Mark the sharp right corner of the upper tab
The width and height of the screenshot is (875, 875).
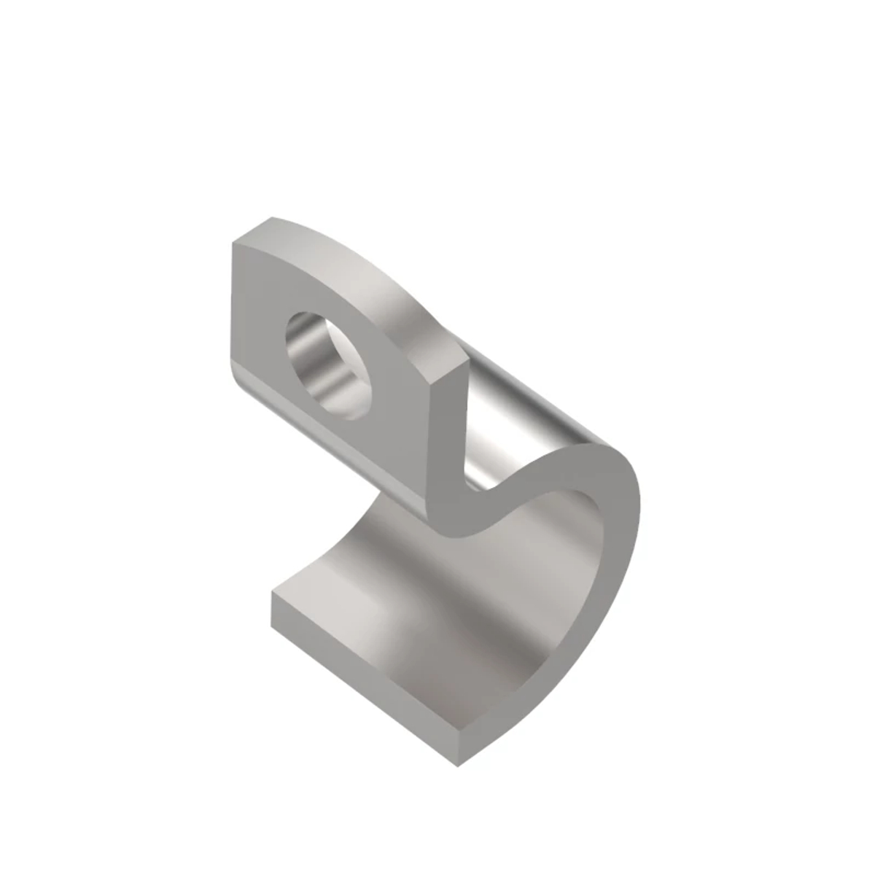[x=465, y=361]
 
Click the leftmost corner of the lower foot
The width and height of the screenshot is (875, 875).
[x=272, y=591]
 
